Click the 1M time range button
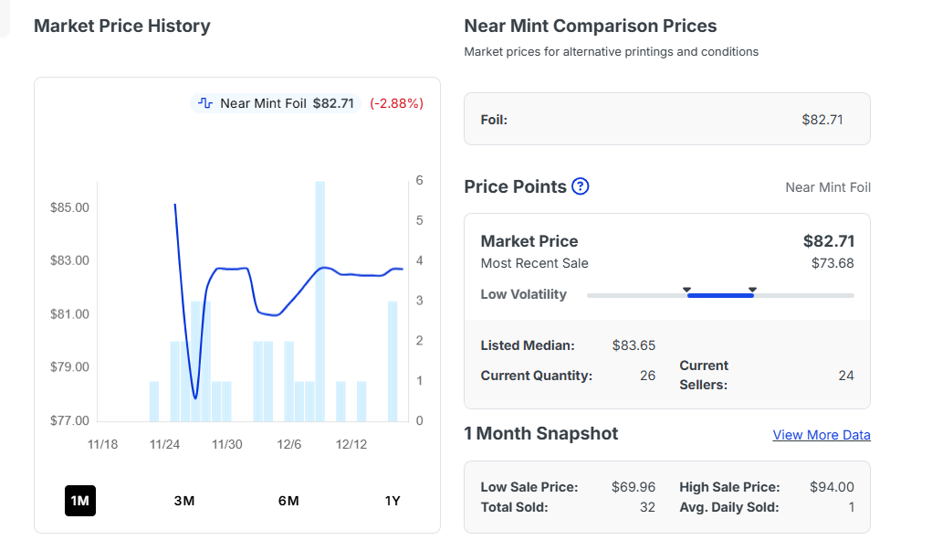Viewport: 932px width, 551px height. coord(80,501)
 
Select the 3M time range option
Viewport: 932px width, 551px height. coord(184,501)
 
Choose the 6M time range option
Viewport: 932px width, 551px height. coord(288,501)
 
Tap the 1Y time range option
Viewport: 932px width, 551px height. coord(393,501)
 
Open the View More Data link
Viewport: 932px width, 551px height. coord(822,435)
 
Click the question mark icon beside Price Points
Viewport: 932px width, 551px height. coord(581,186)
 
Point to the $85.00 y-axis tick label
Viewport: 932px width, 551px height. coord(70,207)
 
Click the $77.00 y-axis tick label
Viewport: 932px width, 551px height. coord(70,421)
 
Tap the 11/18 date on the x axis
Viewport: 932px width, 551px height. coord(102,445)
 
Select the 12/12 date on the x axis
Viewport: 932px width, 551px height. coord(351,445)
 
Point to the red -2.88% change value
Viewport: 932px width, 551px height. coord(396,103)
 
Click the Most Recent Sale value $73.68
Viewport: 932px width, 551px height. coord(833,263)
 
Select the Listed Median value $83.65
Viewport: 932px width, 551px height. coord(634,345)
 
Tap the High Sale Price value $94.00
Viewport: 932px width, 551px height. coord(832,487)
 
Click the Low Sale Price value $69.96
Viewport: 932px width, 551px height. coord(634,487)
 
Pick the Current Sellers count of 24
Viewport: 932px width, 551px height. coord(846,376)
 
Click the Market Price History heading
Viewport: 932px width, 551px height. coord(122,26)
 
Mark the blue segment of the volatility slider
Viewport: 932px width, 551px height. coord(720,295)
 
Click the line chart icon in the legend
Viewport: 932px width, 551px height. coord(205,103)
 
